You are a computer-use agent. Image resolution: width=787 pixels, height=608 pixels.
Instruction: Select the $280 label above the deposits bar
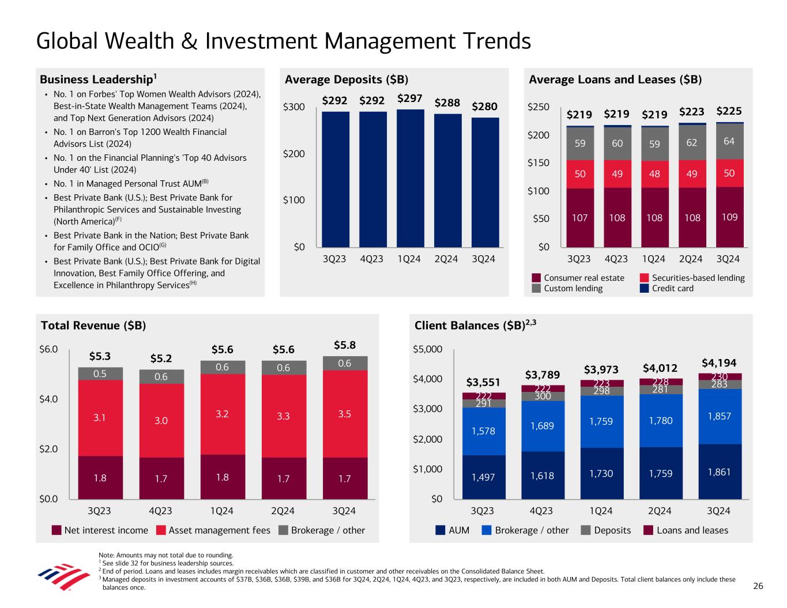(x=484, y=107)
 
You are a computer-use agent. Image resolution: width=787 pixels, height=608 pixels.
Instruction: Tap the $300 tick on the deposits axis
(x=294, y=107)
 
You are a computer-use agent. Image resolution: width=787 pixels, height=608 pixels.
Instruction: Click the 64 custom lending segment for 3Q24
(x=729, y=141)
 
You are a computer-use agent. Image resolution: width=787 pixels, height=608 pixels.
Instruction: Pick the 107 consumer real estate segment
(x=579, y=218)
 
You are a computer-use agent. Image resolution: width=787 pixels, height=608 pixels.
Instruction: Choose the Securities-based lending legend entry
(x=698, y=278)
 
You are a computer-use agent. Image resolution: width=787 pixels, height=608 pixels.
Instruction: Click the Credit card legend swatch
(x=645, y=288)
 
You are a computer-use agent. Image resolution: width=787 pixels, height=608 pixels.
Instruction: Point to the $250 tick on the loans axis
(x=539, y=107)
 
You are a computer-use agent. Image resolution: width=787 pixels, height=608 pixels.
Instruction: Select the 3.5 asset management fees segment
(x=344, y=414)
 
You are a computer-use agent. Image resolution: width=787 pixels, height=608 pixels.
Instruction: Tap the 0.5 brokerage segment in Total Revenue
(x=100, y=373)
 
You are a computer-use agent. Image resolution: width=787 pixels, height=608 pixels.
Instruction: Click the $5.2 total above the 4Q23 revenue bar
(x=161, y=358)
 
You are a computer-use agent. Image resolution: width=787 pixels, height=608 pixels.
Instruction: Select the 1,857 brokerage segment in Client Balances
(x=720, y=416)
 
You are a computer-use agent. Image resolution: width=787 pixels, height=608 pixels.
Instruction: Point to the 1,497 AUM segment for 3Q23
(x=483, y=477)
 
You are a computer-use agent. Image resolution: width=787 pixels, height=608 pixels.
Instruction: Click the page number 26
(x=758, y=586)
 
